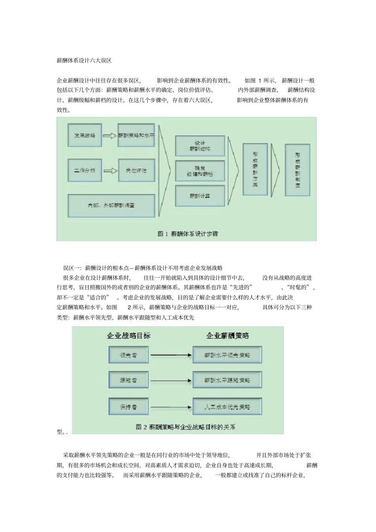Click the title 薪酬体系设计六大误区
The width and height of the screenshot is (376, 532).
[84, 61]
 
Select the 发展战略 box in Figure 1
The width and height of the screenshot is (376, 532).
[85, 135]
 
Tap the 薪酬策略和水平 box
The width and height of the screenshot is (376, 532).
[136, 135]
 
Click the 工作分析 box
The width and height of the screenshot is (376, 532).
[85, 170]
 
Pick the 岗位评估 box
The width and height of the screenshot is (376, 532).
[136, 170]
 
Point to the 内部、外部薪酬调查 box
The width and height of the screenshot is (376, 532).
[111, 205]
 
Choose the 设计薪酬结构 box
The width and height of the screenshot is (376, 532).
[200, 146]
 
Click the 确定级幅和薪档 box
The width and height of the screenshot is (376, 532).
[200, 171]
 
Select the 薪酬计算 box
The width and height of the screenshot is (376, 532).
[200, 196]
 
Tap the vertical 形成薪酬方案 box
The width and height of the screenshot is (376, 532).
[255, 170]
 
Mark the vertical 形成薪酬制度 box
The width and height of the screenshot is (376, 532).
[297, 170]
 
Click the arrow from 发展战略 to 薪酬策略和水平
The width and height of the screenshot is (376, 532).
[110, 135]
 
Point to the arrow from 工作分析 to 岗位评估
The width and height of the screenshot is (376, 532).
[110, 170]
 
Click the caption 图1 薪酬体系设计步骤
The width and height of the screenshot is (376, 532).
[188, 234]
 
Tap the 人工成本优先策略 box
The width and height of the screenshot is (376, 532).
[227, 407]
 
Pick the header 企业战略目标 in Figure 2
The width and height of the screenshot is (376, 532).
[129, 336]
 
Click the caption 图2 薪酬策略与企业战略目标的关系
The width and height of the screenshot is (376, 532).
[186, 427]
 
